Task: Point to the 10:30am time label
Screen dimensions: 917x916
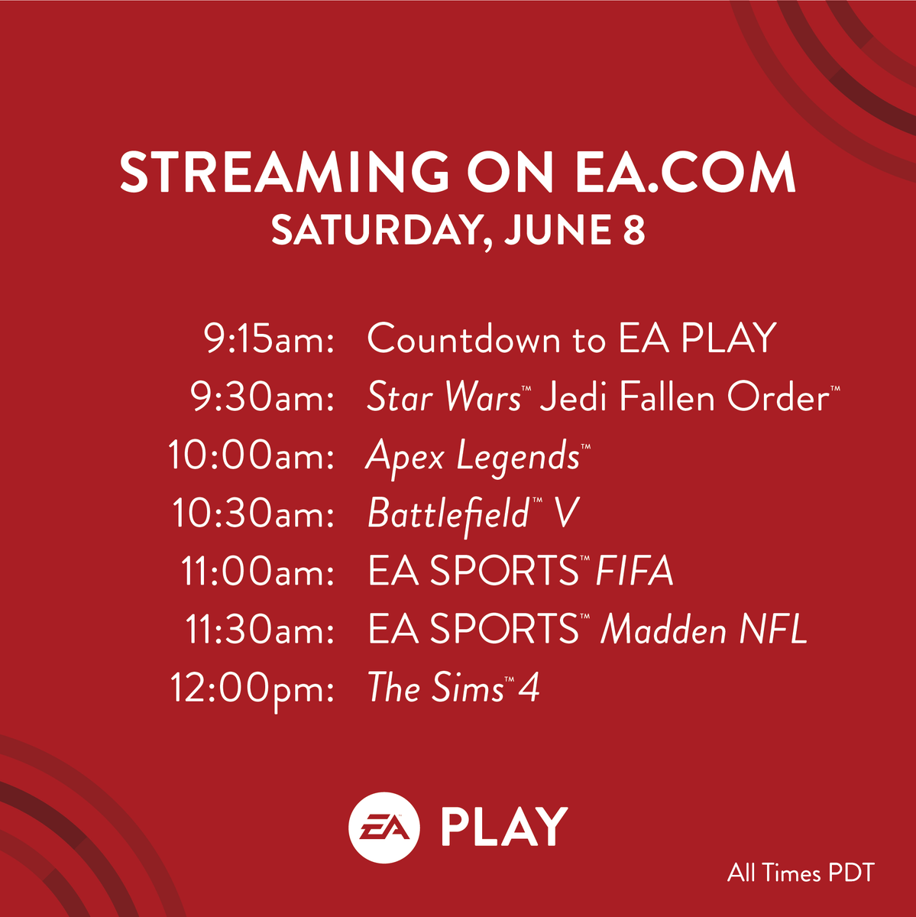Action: click(x=253, y=514)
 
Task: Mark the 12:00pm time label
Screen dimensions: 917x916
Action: click(x=251, y=689)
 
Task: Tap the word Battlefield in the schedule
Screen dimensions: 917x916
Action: click(x=448, y=514)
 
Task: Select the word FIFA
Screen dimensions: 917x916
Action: click(x=634, y=572)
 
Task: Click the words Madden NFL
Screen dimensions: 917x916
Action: click(x=704, y=630)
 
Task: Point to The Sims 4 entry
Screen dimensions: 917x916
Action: click(x=453, y=688)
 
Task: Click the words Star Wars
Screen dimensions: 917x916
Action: click(x=443, y=398)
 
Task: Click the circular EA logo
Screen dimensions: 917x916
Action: click(x=384, y=827)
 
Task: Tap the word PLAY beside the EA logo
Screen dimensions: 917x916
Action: click(x=504, y=827)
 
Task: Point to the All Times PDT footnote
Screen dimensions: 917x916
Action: click(x=800, y=873)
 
